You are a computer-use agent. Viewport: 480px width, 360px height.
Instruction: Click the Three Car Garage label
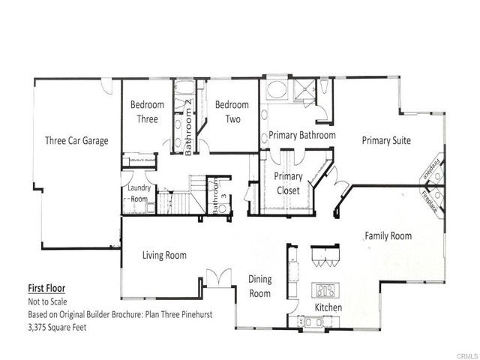pyautogui.click(x=76, y=139)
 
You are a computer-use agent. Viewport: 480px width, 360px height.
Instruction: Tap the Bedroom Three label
pyautogui.click(x=147, y=112)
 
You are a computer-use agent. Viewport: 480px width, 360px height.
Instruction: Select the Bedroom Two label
pyautogui.click(x=232, y=112)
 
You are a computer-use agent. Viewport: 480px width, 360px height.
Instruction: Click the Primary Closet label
pyautogui.click(x=288, y=184)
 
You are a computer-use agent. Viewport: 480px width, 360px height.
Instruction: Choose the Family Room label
pyautogui.click(x=388, y=235)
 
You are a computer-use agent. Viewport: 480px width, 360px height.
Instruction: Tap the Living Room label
pyautogui.click(x=164, y=255)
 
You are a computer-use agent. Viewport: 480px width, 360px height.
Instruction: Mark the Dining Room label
pyautogui.click(x=259, y=286)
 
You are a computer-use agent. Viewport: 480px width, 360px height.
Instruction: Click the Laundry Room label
pyautogui.click(x=139, y=193)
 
